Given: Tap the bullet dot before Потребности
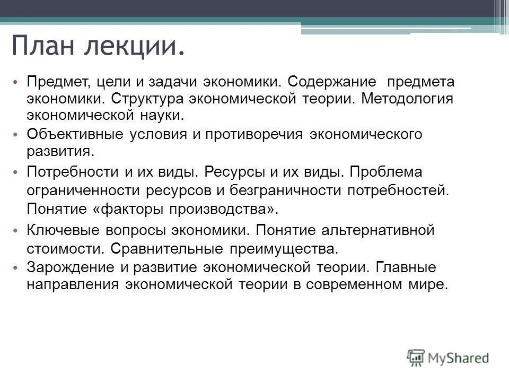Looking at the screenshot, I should (x=15, y=172).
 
